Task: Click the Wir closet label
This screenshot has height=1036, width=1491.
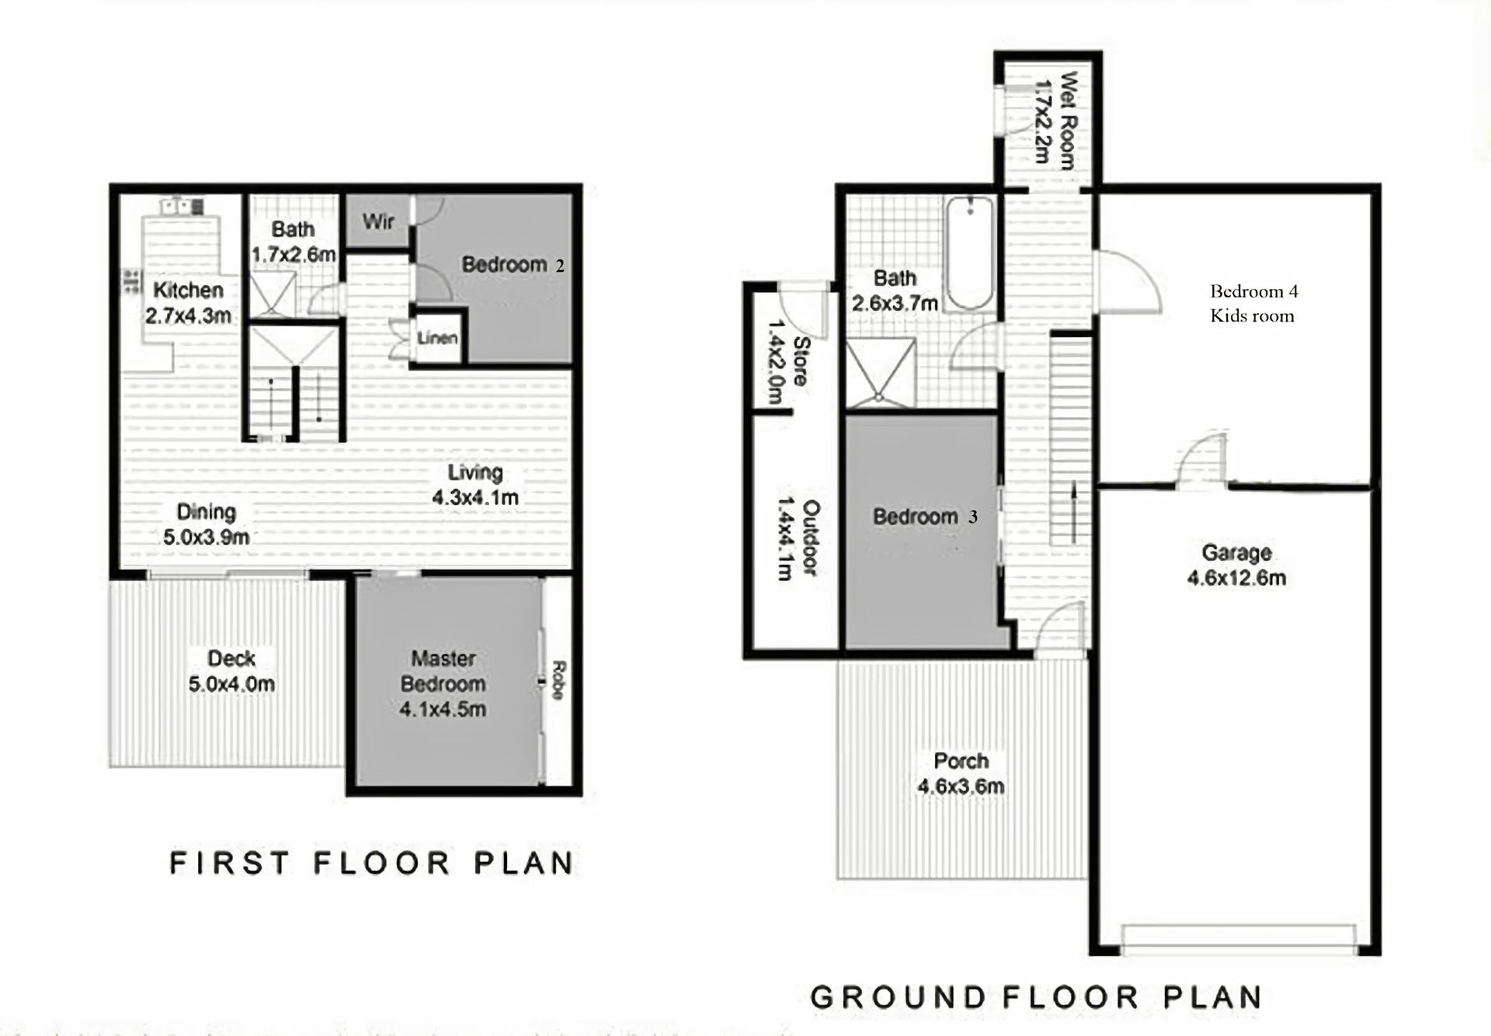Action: [378, 222]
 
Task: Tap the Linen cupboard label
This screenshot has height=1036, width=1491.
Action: [437, 338]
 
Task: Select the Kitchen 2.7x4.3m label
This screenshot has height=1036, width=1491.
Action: [188, 303]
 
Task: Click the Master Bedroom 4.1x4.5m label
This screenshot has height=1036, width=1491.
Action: [443, 683]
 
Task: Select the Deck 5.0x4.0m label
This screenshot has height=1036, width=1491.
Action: [231, 672]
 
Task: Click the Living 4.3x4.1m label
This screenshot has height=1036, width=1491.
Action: [475, 485]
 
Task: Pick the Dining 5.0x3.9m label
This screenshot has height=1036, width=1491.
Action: [206, 524]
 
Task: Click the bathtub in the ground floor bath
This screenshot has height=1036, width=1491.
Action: [969, 253]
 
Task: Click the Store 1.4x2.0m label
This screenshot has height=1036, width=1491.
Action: [787, 361]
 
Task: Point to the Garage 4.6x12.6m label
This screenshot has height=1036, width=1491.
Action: [1236, 565]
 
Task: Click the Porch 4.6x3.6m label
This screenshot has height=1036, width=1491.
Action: [961, 774]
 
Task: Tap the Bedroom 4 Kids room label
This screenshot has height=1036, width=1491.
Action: [1253, 304]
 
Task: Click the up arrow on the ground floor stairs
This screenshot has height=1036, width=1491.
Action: [1075, 512]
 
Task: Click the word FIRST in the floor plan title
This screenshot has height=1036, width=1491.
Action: [229, 863]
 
